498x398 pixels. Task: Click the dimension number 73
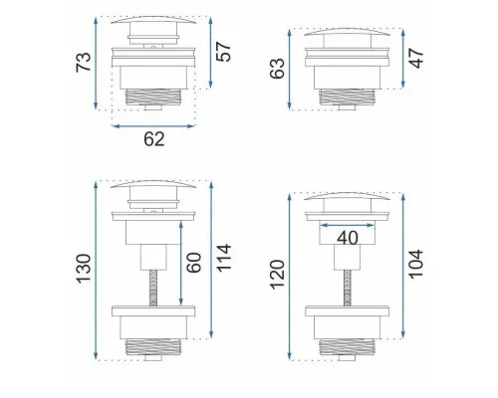click(x=84, y=62)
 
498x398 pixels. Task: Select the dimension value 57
click(x=223, y=52)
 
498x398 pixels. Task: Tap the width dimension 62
click(x=154, y=139)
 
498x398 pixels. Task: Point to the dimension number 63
click(x=277, y=69)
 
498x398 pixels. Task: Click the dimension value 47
click(x=416, y=59)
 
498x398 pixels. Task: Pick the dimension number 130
click(x=84, y=269)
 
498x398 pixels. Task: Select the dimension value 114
click(x=223, y=258)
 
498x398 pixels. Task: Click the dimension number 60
click(x=193, y=263)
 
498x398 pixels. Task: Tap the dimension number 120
click(x=277, y=275)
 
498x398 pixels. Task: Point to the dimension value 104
click(x=415, y=265)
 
